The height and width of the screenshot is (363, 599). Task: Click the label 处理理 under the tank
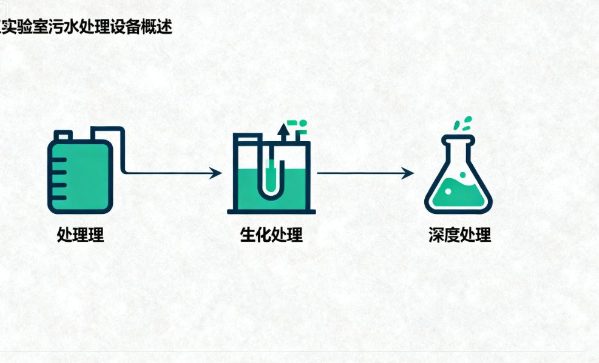click(80, 235)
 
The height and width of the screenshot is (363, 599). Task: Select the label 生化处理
click(271, 235)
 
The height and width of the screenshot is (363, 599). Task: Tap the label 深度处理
click(459, 235)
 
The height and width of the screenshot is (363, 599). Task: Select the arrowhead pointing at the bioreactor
click(216, 173)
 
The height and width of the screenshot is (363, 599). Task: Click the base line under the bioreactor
click(271, 211)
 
